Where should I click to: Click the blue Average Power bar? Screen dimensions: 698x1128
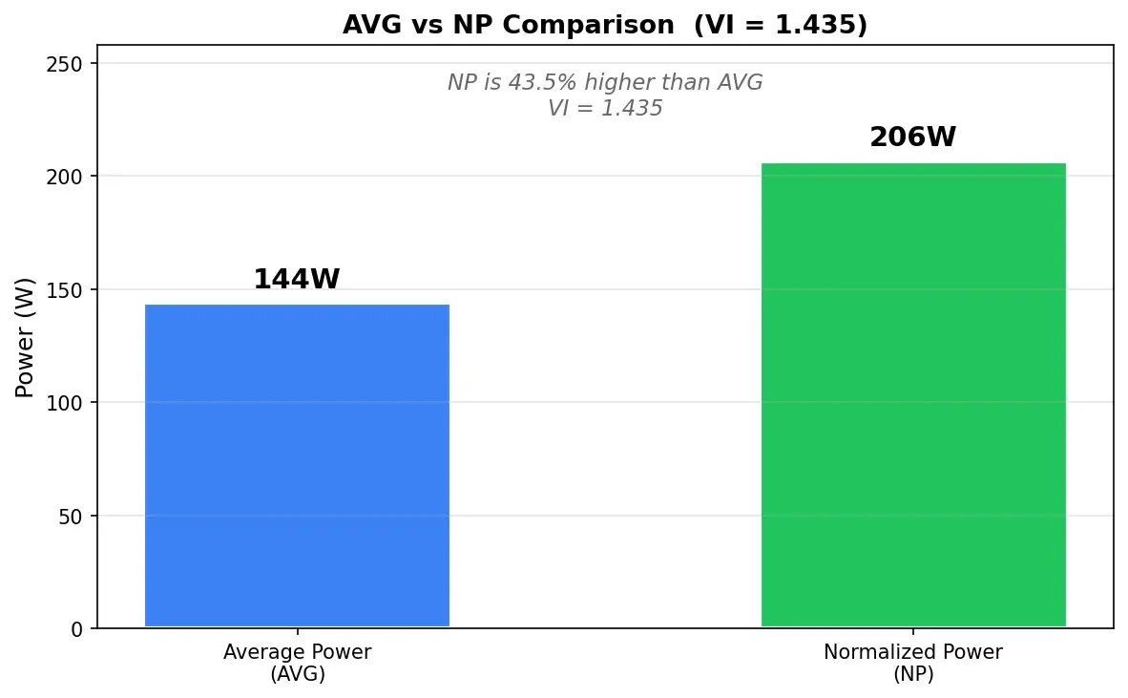pyautogui.click(x=297, y=466)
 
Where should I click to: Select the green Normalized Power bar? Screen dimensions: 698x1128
pyautogui.click(x=912, y=395)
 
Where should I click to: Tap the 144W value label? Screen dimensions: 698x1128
pyautogui.click(x=297, y=280)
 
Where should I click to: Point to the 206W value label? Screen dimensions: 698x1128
pyautogui.click(x=912, y=138)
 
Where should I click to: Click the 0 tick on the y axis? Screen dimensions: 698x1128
pyautogui.click(x=77, y=629)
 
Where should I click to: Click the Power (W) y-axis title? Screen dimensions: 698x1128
pyautogui.click(x=26, y=337)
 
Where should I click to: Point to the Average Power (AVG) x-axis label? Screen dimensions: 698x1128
pyautogui.click(x=297, y=664)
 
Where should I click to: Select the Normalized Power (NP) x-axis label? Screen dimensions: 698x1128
pyautogui.click(x=912, y=664)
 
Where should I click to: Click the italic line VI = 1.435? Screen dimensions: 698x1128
pyautogui.click(x=605, y=109)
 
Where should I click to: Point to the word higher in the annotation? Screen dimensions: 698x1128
pyautogui.click(x=623, y=83)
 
